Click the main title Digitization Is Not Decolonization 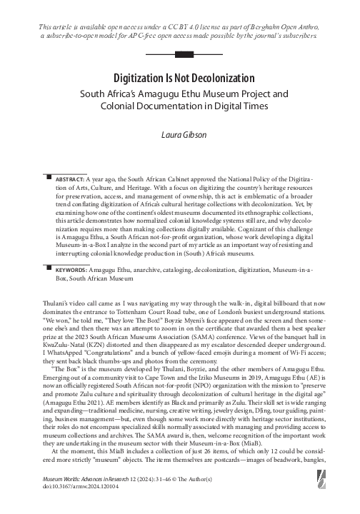[180, 76]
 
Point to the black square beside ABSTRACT [47, 175]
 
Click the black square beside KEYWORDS [47, 270]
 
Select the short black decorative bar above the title [180, 54]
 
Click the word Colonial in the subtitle [118, 106]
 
